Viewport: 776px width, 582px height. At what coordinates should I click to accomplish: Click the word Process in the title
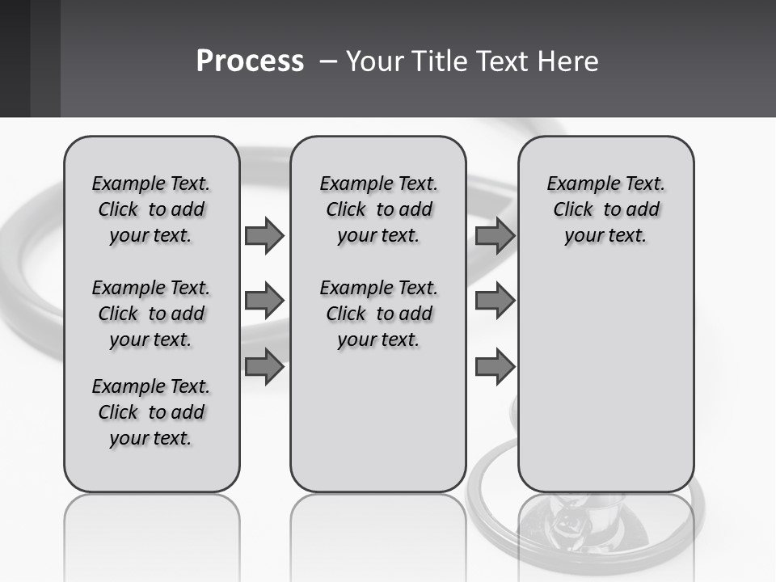(x=250, y=61)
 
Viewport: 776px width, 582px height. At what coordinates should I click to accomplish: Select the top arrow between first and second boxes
(x=264, y=235)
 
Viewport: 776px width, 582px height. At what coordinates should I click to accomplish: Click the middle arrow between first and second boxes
(x=264, y=301)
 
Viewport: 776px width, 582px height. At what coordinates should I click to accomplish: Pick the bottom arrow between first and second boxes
(x=264, y=367)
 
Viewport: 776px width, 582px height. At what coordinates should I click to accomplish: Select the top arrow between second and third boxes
(x=495, y=235)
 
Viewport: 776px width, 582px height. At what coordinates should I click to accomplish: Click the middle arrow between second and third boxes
(x=495, y=301)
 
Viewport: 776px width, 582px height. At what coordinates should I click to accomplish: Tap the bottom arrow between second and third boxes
(x=495, y=367)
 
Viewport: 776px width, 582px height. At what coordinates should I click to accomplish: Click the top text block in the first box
(x=151, y=209)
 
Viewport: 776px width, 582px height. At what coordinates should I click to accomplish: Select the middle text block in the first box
(x=151, y=314)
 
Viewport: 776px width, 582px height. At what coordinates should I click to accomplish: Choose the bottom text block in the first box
(x=151, y=412)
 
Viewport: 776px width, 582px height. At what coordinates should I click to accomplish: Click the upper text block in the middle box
(x=378, y=209)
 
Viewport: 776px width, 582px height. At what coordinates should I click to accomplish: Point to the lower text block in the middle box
(x=378, y=314)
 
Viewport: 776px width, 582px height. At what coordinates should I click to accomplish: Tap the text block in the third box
(x=606, y=209)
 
